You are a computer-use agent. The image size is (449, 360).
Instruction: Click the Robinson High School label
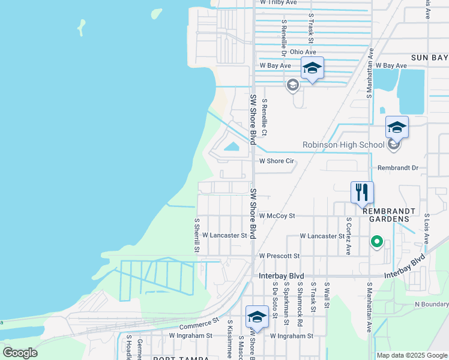coord(343,145)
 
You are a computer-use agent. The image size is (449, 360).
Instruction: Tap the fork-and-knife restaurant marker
coord(362,193)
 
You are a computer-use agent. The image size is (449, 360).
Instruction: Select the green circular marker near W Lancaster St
coord(377,242)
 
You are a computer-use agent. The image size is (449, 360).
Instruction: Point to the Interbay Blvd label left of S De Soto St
coord(279,275)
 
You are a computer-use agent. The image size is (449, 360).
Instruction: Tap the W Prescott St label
coord(279,256)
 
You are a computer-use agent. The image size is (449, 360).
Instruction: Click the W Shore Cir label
coord(276,161)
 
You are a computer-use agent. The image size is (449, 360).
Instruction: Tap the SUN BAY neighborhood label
coord(429,58)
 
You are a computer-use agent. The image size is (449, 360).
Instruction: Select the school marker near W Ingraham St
coord(257,317)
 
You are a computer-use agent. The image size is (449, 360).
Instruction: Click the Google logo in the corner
coord(20,352)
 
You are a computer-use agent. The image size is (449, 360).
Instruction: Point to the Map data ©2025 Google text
coord(412,355)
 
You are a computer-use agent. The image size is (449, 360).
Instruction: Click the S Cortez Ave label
coord(348,236)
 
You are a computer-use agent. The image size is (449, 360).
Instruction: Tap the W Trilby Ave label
coord(278,2)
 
